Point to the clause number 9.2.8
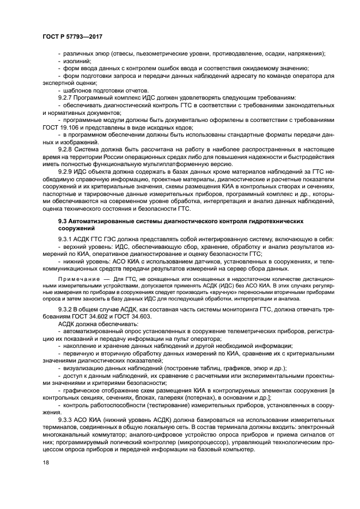[66, 148]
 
